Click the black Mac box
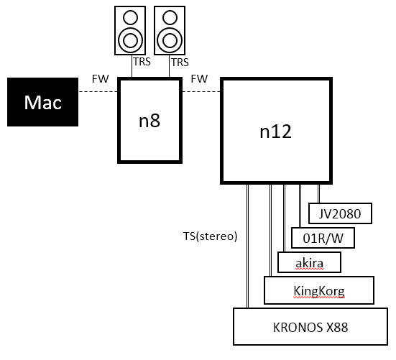(42, 102)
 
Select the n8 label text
(149, 121)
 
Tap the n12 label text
(275, 131)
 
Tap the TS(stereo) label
(210, 236)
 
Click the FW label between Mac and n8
(101, 79)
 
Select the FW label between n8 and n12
(199, 79)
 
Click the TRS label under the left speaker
(142, 62)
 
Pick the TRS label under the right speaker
(180, 63)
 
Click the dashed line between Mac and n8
(98, 91)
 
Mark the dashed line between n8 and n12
(201, 91)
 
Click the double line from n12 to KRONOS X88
(247, 246)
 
